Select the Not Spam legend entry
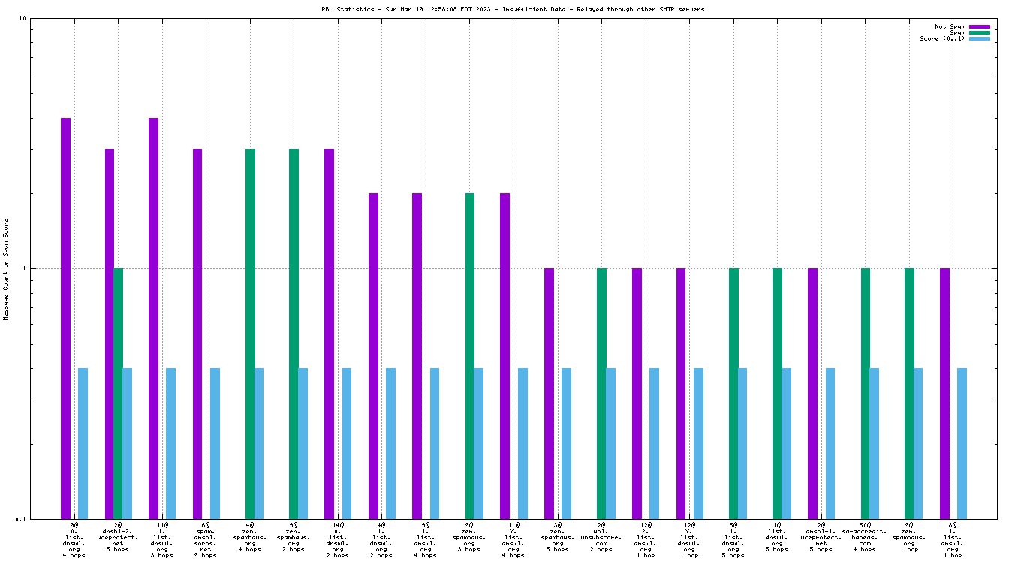click(x=950, y=26)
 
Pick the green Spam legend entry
click(x=957, y=32)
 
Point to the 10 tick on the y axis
click(x=23, y=18)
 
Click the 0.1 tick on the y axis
click(x=21, y=518)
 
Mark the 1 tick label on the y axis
click(x=25, y=268)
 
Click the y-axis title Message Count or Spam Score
click(x=6, y=270)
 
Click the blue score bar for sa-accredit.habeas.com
click(x=875, y=443)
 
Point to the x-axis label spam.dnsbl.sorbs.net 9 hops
click(x=206, y=540)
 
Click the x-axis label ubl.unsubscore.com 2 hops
click(x=601, y=538)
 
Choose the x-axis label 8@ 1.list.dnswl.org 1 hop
click(x=953, y=540)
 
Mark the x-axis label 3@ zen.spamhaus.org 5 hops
click(x=558, y=538)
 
